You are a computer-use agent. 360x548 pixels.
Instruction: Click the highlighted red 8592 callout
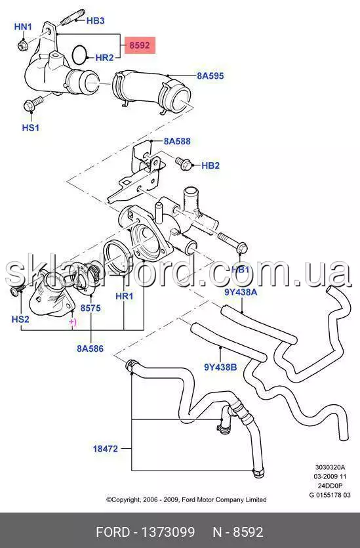click(140, 45)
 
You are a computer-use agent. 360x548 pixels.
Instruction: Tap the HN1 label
click(23, 26)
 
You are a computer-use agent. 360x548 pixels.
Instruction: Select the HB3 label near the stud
click(95, 20)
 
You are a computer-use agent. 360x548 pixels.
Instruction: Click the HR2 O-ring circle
click(80, 54)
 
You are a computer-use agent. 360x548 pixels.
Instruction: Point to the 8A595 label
click(210, 76)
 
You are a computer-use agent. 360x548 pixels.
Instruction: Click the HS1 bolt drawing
click(33, 104)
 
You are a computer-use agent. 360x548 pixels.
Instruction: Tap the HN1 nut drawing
click(23, 45)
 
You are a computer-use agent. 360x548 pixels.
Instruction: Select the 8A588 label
click(178, 141)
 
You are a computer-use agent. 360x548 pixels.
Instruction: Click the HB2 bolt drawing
click(184, 163)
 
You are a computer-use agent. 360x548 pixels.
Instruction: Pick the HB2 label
click(210, 165)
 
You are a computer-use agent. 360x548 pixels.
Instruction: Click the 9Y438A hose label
click(241, 292)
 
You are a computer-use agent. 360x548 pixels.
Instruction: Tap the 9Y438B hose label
click(220, 368)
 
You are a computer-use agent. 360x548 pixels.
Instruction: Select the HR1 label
click(125, 297)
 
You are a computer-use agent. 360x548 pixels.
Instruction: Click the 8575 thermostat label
click(90, 308)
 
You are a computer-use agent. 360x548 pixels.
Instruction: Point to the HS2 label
click(20, 319)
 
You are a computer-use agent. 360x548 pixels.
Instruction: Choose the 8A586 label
click(90, 348)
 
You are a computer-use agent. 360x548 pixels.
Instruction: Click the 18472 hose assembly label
click(106, 449)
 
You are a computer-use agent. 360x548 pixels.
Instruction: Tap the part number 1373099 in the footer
click(168, 532)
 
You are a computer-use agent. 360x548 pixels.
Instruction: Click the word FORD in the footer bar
click(112, 532)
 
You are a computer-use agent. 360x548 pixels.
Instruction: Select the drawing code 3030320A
click(330, 467)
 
